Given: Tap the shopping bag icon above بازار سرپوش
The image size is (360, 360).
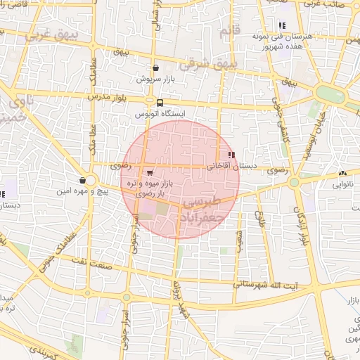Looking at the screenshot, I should pyautogui.click(x=155, y=68).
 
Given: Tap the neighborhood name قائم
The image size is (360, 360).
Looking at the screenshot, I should pyautogui.click(x=225, y=32).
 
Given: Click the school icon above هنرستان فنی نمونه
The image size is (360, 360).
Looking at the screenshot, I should pyautogui.click(x=283, y=26).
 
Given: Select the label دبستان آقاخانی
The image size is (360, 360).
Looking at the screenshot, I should pyautogui.click(x=232, y=167).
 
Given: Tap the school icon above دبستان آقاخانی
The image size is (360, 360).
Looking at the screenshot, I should pyautogui.click(x=231, y=155).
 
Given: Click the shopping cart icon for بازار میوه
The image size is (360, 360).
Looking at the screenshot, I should pyautogui.click(x=150, y=172).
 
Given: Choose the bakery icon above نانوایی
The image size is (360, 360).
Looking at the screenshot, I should pyautogui.click(x=342, y=174).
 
